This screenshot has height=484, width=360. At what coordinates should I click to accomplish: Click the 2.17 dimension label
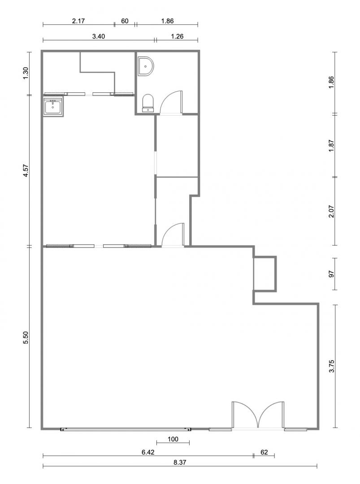click(78, 21)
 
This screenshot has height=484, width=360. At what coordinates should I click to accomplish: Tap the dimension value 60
click(125, 21)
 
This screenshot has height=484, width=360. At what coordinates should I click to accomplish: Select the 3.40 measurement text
click(99, 36)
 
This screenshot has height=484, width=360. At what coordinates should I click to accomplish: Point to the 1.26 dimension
click(177, 36)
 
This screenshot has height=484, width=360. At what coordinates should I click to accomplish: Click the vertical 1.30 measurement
click(26, 73)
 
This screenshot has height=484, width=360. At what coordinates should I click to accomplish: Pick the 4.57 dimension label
click(26, 170)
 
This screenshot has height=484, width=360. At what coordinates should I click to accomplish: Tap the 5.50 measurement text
click(26, 337)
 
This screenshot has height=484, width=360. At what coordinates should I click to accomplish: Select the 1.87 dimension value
click(331, 145)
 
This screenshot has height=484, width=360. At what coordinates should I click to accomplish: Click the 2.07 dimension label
click(331, 211)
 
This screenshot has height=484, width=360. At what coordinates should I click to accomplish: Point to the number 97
click(331, 274)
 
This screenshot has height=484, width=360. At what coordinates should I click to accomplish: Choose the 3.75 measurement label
click(331, 366)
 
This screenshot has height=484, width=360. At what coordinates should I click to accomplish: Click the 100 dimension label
click(173, 439)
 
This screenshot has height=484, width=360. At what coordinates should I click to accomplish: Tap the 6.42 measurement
click(148, 452)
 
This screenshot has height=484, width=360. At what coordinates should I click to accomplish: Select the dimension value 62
click(265, 452)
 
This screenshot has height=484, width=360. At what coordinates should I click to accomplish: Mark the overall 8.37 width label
click(180, 462)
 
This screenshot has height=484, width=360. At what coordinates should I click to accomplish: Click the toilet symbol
click(148, 103)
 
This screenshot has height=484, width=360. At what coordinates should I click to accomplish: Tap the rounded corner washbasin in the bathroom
click(145, 66)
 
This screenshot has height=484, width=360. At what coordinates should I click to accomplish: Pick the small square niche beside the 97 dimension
click(265, 274)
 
